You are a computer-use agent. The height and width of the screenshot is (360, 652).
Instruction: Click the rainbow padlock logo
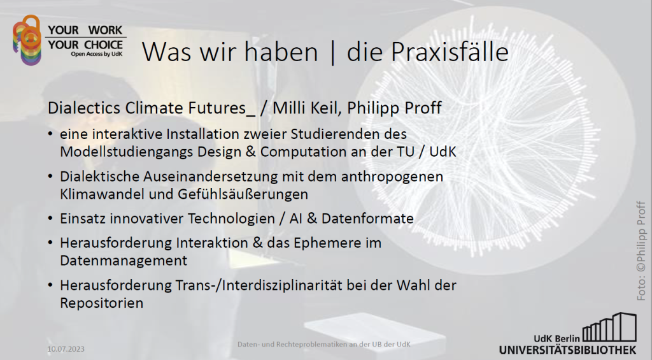[x=27, y=40]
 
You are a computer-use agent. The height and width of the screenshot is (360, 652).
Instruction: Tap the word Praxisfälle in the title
[x=450, y=52]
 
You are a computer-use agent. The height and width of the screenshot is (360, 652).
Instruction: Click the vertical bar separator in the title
[x=332, y=52]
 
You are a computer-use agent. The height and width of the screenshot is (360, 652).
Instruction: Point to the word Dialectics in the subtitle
[x=84, y=108]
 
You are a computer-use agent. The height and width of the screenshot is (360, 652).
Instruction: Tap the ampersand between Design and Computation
[x=250, y=152]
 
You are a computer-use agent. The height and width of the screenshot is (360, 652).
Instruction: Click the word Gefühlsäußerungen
[x=243, y=194]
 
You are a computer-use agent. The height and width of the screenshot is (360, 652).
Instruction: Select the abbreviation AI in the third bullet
[x=295, y=219]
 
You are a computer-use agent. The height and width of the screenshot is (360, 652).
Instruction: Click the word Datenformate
[x=367, y=219]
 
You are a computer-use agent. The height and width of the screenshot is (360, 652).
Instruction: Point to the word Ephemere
[x=327, y=243]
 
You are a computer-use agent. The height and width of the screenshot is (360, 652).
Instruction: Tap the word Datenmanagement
[x=124, y=261]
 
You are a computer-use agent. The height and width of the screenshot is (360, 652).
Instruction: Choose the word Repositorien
[x=101, y=303]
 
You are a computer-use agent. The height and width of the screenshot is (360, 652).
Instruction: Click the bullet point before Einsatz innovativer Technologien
[x=50, y=218]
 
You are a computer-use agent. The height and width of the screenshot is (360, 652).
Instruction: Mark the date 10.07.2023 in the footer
[x=66, y=349]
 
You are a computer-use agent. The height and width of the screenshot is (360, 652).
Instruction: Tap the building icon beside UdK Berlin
[x=609, y=328]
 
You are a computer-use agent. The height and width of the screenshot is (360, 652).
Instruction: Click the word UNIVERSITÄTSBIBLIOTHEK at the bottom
[x=567, y=350]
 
